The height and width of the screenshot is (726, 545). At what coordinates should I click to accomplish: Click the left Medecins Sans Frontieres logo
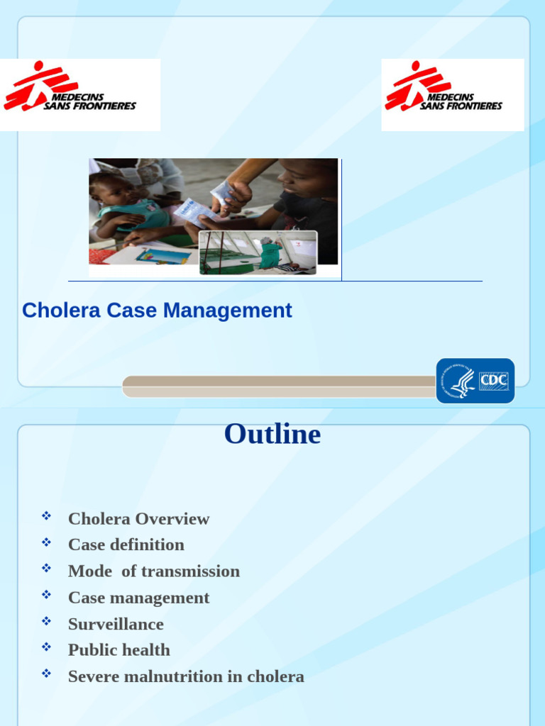(x=79, y=95)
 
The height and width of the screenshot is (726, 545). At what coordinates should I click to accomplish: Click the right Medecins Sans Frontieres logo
(x=452, y=95)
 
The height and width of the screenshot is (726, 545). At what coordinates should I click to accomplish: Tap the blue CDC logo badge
(x=475, y=381)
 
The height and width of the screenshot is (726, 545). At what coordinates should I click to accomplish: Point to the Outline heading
(x=272, y=434)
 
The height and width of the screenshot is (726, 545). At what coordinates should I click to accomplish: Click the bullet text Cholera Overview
(x=138, y=519)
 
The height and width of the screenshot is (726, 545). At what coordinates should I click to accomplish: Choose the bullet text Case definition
(x=126, y=544)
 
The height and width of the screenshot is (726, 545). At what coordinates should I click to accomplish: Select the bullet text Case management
(x=138, y=598)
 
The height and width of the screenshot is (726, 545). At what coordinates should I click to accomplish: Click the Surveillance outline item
(x=116, y=624)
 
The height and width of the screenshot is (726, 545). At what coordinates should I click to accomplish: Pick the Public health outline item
(x=119, y=650)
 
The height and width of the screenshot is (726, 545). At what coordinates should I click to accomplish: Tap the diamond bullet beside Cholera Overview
(x=47, y=515)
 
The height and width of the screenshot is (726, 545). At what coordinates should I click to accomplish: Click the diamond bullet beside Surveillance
(x=47, y=620)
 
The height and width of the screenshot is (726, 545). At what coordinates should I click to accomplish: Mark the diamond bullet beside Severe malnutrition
(x=47, y=673)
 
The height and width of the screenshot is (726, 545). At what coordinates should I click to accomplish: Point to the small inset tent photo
(x=258, y=252)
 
